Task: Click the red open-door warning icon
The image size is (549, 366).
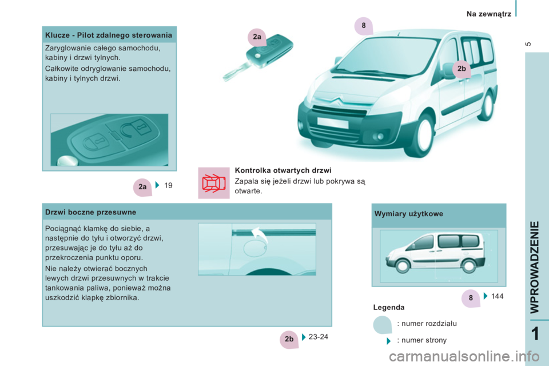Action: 213,183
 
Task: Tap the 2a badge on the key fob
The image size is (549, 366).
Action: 257,37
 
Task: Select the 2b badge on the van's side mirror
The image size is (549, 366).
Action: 462,69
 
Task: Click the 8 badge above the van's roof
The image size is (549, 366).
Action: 364,26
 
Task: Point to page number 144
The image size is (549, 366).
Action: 497,296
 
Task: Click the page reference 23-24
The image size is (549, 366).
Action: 319,337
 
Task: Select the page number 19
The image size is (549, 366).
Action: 168,185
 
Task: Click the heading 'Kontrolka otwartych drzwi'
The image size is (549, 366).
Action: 283,170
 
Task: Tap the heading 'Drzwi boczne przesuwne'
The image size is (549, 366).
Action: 91,212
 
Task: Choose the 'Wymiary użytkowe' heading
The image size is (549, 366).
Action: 408,214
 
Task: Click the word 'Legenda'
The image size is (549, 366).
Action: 389,308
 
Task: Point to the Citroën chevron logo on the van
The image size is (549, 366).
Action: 337,101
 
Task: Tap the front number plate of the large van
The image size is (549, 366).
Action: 333,123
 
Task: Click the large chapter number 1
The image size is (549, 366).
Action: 535,334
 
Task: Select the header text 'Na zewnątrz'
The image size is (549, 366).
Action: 489,14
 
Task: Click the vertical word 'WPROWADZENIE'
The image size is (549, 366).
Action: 535,267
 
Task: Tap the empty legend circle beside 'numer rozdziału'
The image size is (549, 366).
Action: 383,325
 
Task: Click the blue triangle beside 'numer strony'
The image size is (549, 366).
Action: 388,341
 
